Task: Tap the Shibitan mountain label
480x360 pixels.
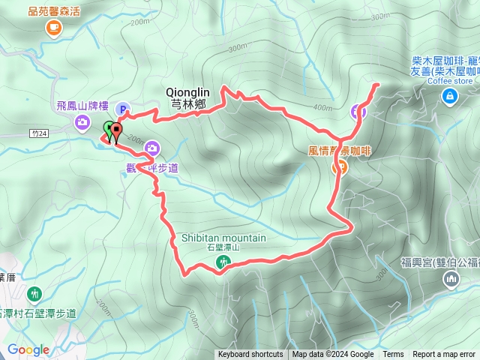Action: coord(223,238)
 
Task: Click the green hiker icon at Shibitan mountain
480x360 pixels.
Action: coord(223,262)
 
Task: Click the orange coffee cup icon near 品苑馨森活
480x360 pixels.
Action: coord(52,28)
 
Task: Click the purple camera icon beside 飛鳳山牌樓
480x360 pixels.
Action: coord(80,122)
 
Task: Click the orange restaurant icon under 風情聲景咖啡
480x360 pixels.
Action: coord(339,167)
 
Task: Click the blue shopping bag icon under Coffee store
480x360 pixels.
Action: coord(449,95)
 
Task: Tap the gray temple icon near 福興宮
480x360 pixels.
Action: coord(451,280)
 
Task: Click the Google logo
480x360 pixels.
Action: coord(28,349)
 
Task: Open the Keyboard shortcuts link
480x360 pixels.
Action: coord(250,355)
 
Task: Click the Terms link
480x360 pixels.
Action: coord(393,355)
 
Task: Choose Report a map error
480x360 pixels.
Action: coord(444,355)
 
